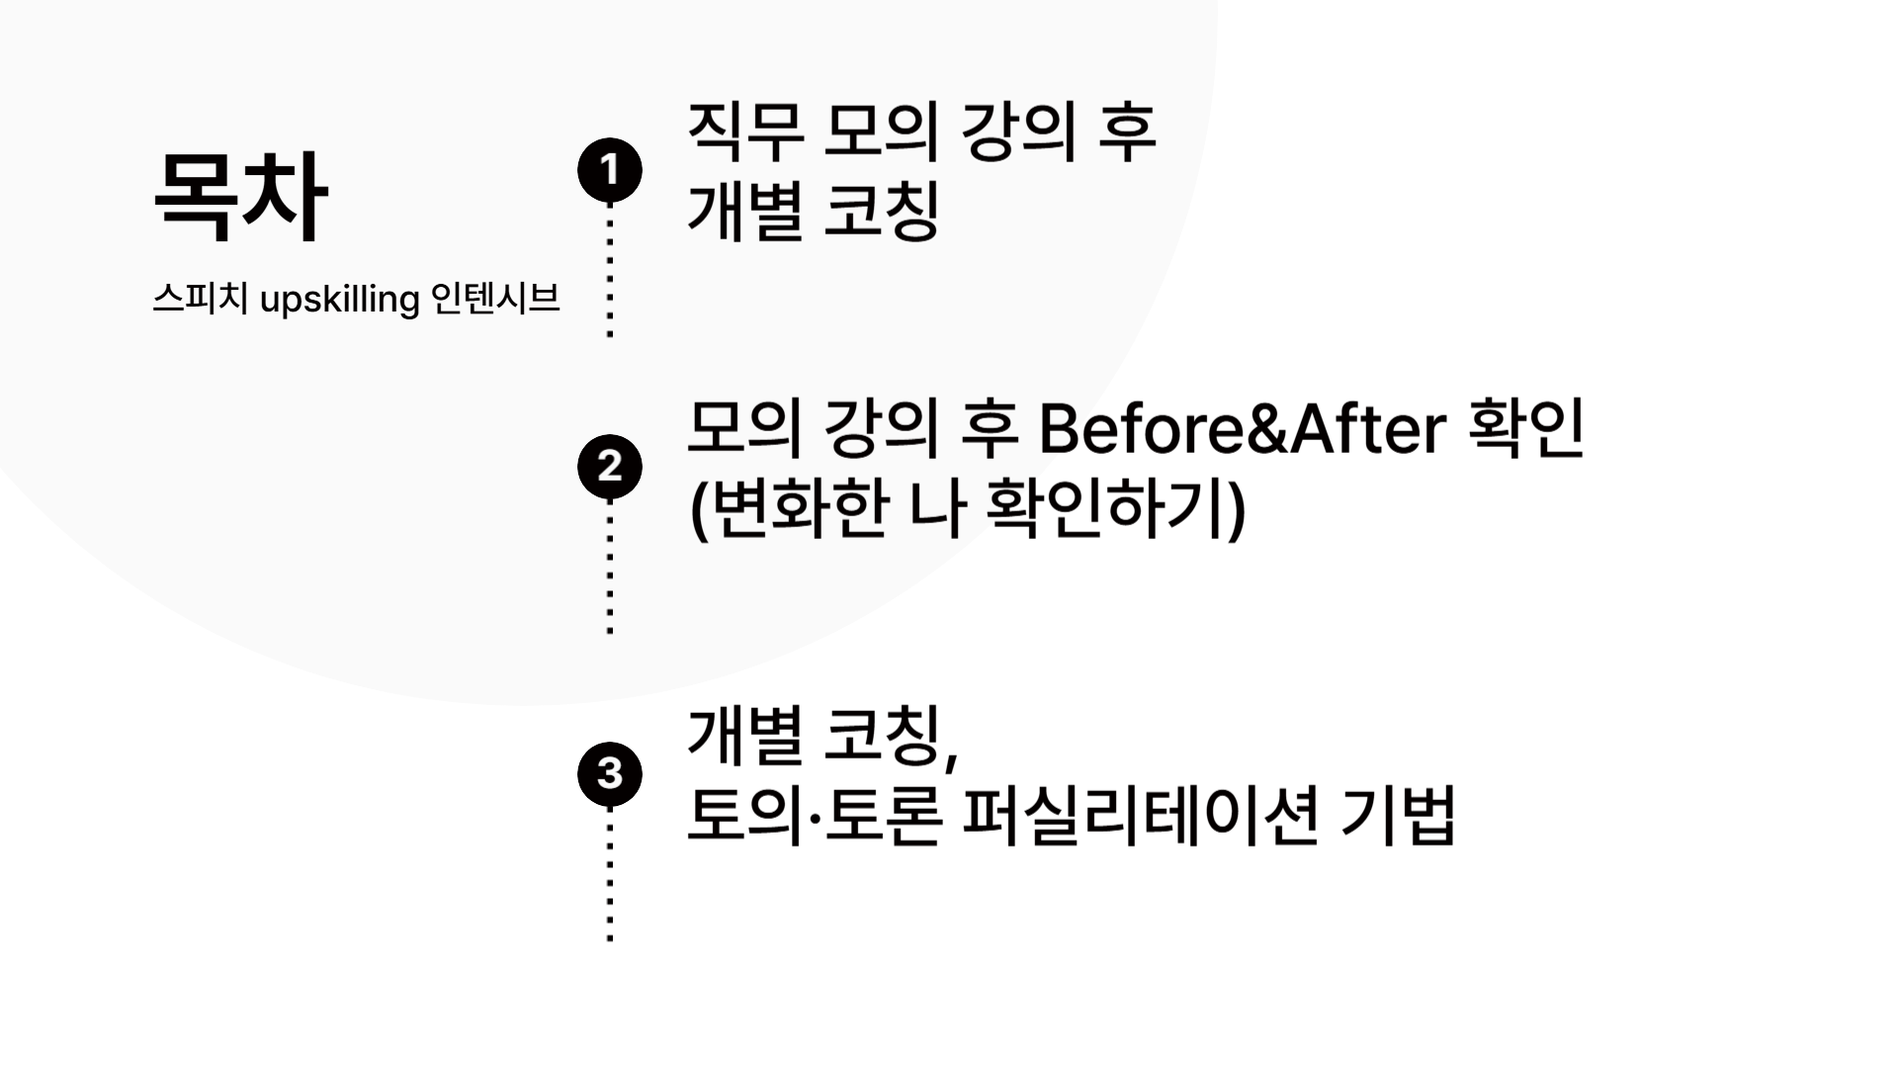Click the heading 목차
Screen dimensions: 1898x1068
(x=240, y=197)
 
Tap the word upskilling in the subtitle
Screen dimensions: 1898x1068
(x=339, y=299)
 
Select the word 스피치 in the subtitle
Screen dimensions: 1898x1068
(x=200, y=298)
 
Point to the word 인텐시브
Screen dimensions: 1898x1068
(x=495, y=298)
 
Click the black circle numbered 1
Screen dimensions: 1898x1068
(x=610, y=170)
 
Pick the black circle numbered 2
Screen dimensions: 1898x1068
(x=610, y=466)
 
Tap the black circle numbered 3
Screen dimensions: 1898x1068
(x=610, y=772)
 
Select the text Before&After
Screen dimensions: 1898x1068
(x=1243, y=428)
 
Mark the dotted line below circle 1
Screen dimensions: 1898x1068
(x=610, y=272)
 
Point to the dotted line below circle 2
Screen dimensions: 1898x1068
(x=610, y=569)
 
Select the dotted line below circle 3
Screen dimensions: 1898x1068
(x=610, y=875)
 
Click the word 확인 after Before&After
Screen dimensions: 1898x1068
(x=1527, y=428)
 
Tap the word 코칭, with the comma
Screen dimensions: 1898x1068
(x=891, y=737)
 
